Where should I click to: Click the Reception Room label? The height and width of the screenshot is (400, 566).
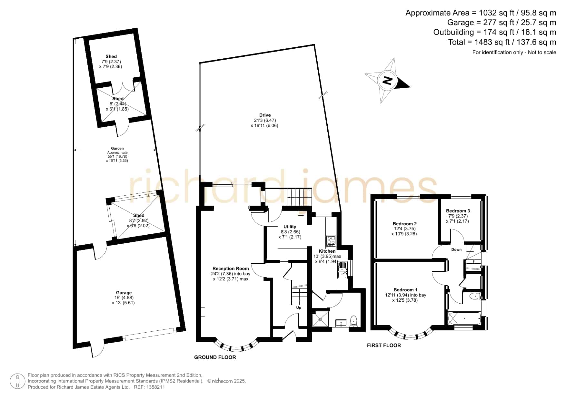231,268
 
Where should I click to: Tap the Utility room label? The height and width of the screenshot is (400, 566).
290,227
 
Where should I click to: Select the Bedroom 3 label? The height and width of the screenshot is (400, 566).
458,211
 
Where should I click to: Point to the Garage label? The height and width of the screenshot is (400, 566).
124,293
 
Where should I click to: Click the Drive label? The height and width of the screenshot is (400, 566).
265,115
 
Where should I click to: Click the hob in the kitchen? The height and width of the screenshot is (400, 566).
331,241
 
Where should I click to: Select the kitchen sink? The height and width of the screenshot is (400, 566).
342,270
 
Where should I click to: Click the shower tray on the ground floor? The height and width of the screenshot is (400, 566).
320,319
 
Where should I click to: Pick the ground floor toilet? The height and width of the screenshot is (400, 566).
354,321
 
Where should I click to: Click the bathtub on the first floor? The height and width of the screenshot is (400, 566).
464,318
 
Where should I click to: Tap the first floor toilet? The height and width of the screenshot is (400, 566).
475,296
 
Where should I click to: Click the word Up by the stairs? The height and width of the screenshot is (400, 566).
299,307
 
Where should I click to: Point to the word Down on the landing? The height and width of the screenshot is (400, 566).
456,249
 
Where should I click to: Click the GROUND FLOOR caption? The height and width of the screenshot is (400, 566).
215,357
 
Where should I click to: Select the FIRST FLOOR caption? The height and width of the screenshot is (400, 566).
384,345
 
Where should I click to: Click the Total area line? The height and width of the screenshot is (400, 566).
502,42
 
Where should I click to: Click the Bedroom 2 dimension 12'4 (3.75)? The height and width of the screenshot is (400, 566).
404,229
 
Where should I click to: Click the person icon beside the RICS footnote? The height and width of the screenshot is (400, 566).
17,381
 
